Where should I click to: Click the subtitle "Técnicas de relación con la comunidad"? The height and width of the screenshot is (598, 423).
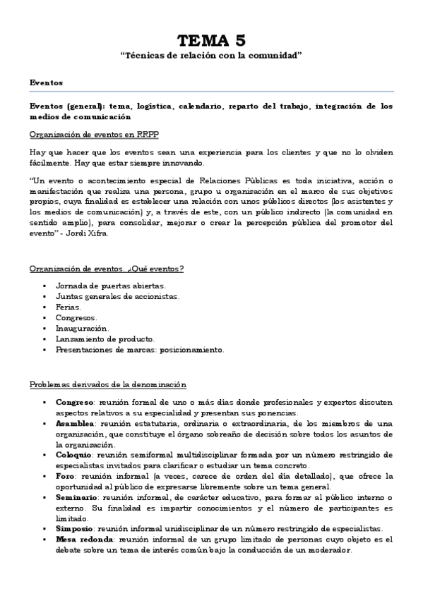click(x=211, y=56)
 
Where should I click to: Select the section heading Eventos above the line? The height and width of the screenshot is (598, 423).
click(x=46, y=83)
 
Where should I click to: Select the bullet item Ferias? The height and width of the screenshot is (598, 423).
click(x=68, y=307)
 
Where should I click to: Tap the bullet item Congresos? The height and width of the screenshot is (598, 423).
click(x=77, y=318)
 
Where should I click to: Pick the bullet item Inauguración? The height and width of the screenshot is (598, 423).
click(x=83, y=329)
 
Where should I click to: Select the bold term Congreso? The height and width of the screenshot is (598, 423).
click(x=75, y=402)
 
